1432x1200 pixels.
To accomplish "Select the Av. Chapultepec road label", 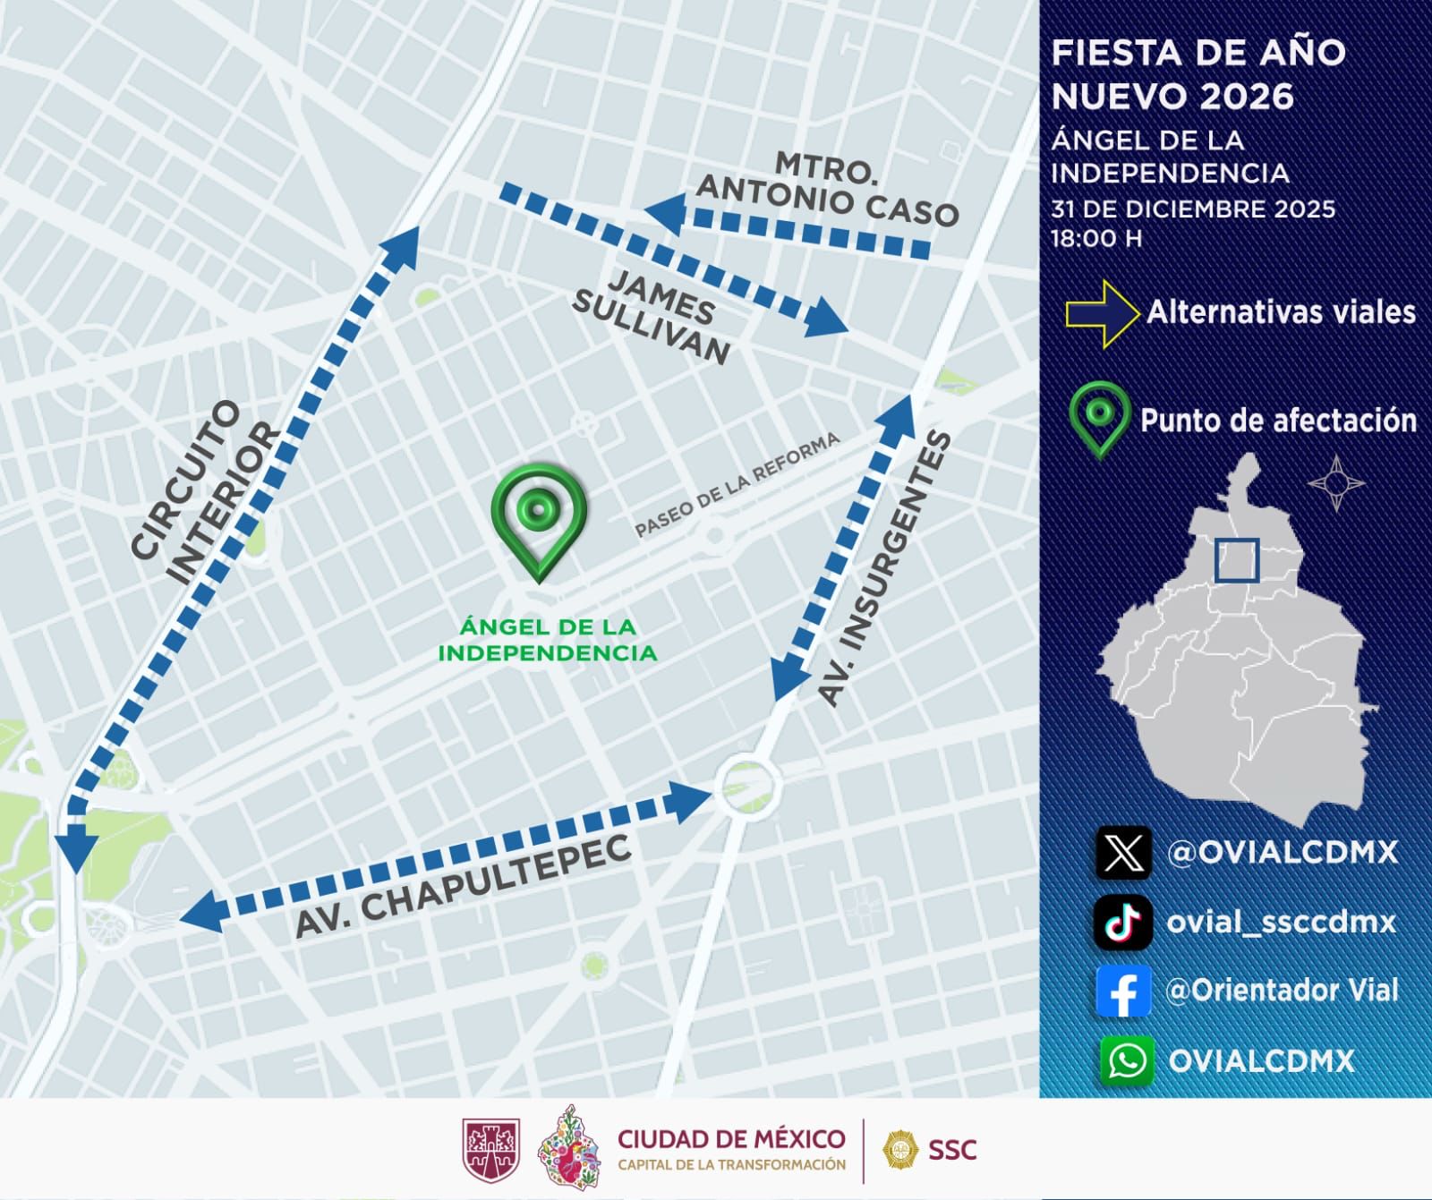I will click(463, 887).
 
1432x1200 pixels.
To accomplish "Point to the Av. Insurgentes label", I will click(883, 568).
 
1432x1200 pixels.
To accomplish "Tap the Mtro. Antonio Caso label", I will click(824, 190).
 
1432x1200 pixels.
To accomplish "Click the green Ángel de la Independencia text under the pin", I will click(547, 640).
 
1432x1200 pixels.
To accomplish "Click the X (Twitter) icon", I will click(1123, 852).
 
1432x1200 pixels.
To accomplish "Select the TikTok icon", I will click(1123, 922).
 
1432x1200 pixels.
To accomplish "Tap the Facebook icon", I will click(1123, 991).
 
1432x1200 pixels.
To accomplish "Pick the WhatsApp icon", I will click(1126, 1060).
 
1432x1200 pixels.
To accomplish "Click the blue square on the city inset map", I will click(1237, 561).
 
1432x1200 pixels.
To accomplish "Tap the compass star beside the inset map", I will click(1336, 483).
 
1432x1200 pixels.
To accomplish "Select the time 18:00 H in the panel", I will click(1096, 239).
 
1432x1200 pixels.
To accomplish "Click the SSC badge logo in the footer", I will click(899, 1149).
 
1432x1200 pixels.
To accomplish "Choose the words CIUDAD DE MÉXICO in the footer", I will click(731, 1139).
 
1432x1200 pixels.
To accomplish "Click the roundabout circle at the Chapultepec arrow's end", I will click(748, 785).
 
